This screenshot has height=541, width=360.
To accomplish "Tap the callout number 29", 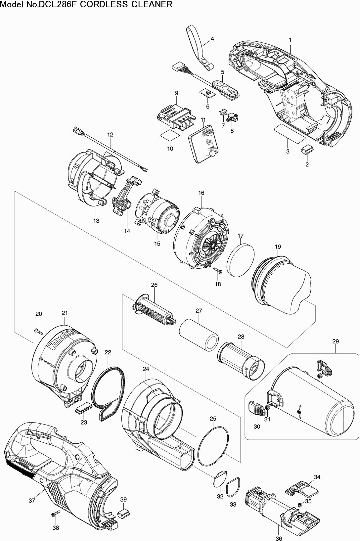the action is click(336, 341).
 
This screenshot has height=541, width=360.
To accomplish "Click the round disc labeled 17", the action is click(241, 259).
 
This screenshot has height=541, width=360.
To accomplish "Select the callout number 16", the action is click(201, 193).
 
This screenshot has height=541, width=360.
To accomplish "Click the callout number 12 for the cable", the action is click(110, 135).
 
